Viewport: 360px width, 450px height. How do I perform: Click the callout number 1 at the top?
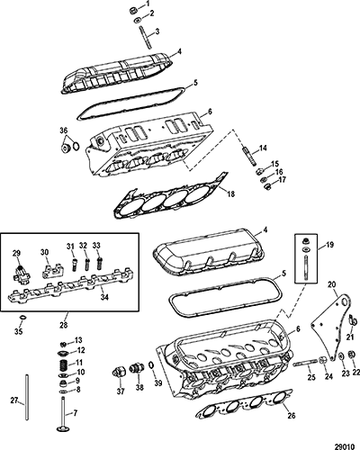148,4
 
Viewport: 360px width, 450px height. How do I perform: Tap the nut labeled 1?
132,11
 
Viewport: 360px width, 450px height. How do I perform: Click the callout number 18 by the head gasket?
231,194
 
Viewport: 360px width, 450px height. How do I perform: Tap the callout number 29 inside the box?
17,253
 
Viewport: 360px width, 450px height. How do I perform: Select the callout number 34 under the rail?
104,297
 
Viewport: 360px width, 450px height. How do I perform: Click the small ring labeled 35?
22,317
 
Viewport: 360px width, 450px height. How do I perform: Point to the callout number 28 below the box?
64,325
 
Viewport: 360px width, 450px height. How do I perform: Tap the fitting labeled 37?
119,373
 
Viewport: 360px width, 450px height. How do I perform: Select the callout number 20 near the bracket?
332,284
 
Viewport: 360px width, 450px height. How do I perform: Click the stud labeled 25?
304,363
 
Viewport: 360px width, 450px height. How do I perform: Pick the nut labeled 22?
350,354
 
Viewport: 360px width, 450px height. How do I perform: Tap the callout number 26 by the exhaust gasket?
292,416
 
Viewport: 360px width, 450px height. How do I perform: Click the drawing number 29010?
346,446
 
